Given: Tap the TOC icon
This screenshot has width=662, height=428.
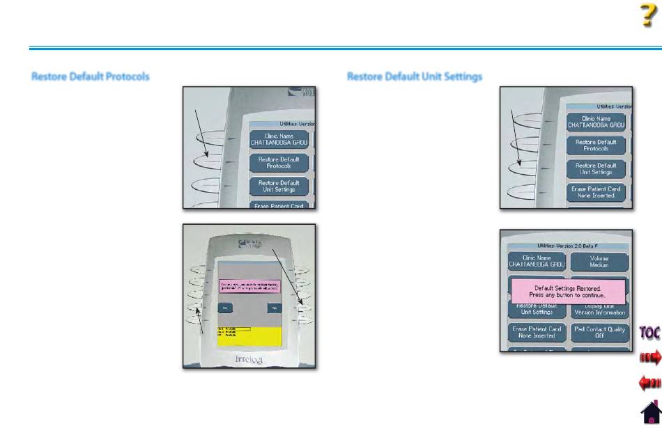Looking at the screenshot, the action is (649, 332).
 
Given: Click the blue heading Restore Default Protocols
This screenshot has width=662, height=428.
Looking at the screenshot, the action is (91, 76).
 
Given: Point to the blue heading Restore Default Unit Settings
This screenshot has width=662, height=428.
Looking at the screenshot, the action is (415, 76).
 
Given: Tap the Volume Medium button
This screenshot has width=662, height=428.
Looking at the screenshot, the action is (599, 262).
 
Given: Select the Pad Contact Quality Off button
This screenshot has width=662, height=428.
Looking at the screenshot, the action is (599, 332).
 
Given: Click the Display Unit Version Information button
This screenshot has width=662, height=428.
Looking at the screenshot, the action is (599, 309).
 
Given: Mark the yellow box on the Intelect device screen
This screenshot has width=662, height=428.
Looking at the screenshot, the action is (249, 335).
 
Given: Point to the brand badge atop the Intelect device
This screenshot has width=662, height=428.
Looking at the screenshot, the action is (249, 244).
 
